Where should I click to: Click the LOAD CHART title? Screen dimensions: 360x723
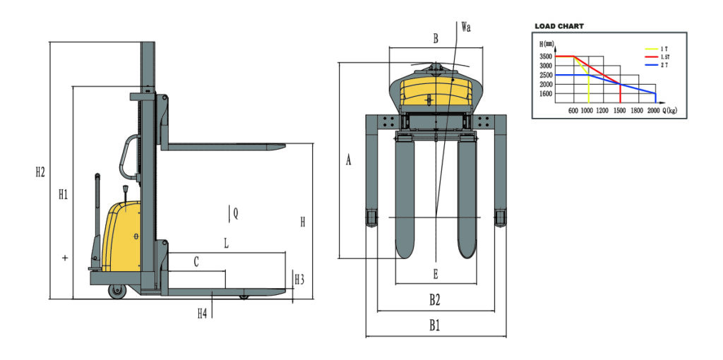pos(559,26)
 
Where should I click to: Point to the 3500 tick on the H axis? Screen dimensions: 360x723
pos(546,56)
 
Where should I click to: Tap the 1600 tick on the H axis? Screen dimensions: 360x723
pos(546,94)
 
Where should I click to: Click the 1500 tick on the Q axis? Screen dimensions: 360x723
pos(619,111)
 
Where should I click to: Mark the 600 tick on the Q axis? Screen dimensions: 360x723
pos(573,111)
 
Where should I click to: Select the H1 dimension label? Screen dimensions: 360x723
pos(63,195)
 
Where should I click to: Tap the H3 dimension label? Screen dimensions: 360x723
pos(299,279)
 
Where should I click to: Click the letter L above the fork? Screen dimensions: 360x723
pos(226,244)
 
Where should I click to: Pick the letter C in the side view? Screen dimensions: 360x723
pos(196,262)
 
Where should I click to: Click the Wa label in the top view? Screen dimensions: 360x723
pos(465,28)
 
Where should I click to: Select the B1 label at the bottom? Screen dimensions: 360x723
pos(436,325)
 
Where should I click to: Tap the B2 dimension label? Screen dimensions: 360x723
pos(436,300)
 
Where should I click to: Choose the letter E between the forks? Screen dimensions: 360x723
pos(436,274)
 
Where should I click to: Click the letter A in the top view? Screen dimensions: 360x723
pos(348,160)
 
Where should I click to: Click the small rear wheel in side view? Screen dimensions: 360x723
pos(114,290)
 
